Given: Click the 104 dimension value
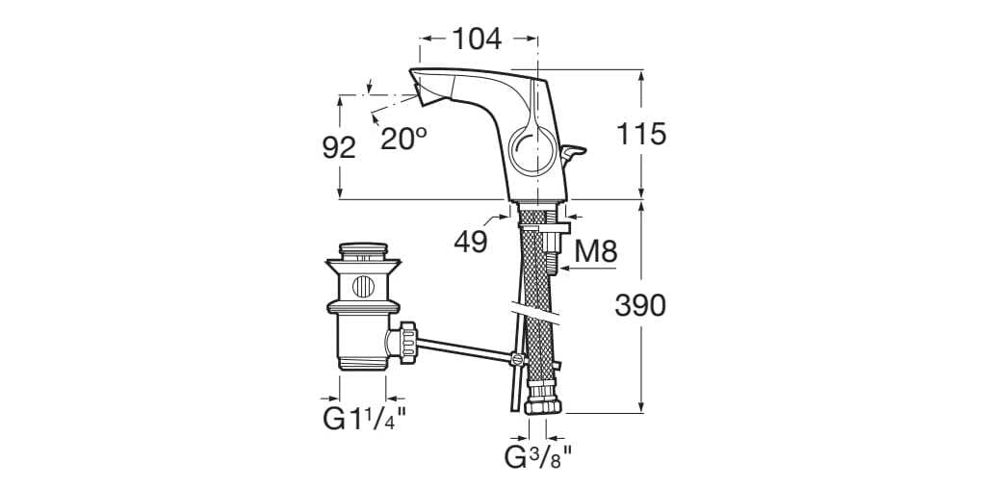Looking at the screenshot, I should pos(478,39).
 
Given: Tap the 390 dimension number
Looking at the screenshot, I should pos(640,306).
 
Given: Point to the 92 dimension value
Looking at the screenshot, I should pos(338,147).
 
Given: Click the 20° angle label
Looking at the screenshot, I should pos(402,139).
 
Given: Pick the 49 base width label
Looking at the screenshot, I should pos(470,242).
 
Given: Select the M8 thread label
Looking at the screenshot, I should pos(595,252).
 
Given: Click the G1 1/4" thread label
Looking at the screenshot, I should pos(364,420).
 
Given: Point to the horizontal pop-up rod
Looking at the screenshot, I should pos(462,350).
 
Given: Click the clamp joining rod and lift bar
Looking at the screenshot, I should pos(517,361).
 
